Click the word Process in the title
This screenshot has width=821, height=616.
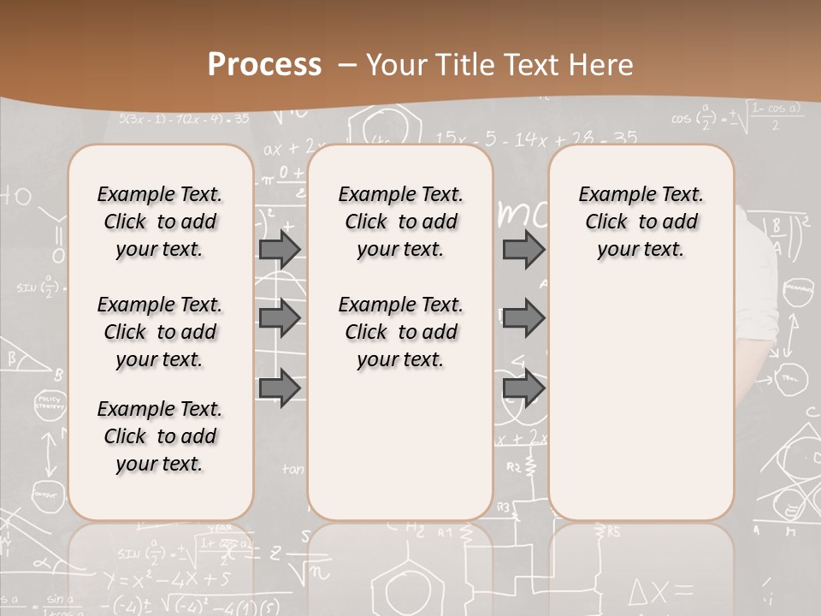264,65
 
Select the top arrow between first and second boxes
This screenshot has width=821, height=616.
280,249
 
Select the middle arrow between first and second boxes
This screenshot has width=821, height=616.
280,318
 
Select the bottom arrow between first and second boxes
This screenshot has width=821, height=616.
280,388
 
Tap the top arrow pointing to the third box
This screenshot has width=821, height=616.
523,249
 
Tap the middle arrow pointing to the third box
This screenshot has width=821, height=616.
523,318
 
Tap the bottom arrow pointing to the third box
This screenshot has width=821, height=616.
523,388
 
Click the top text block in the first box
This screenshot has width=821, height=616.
160,222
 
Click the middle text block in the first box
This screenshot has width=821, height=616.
160,332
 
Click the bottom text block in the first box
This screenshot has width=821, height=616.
160,436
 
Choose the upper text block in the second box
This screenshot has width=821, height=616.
400,222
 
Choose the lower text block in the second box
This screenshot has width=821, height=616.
400,332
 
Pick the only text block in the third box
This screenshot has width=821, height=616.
641,222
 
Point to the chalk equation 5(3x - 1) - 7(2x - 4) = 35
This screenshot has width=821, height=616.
184,118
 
